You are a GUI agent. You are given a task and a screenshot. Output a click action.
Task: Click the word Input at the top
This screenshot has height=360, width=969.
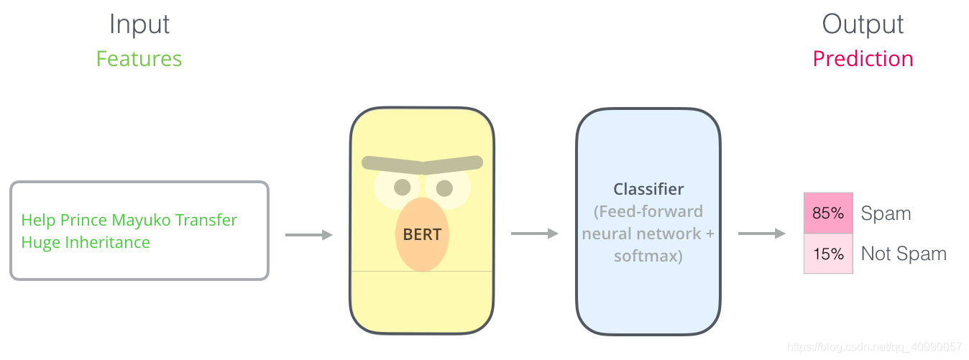(x=139, y=24)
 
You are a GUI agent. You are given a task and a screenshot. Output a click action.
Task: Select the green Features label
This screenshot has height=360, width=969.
(x=139, y=58)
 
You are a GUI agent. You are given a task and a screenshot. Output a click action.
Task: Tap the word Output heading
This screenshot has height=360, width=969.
(x=863, y=24)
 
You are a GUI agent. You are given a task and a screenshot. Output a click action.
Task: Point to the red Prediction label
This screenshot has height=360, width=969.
(x=863, y=58)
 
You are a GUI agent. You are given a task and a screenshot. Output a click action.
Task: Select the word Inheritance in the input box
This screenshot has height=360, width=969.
(x=107, y=242)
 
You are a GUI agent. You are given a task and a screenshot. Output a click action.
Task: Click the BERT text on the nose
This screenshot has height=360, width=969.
(x=422, y=234)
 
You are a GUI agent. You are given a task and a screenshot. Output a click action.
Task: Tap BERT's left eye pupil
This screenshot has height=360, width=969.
(x=403, y=188)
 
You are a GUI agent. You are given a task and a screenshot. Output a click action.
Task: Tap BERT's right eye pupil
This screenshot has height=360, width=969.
(x=444, y=188)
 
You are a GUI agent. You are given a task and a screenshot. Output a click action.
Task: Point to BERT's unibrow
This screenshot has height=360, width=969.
(x=422, y=164)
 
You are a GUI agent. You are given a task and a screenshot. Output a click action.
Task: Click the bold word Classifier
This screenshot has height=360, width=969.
(x=648, y=189)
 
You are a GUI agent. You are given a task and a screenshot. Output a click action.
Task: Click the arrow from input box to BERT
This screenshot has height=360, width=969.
(x=309, y=235)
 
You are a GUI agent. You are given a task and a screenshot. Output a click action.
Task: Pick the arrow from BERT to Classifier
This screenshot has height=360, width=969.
(x=535, y=234)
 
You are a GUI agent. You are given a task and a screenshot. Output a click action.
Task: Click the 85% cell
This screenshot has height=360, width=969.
(x=828, y=213)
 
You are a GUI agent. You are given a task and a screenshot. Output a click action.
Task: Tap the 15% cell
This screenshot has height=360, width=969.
(x=828, y=254)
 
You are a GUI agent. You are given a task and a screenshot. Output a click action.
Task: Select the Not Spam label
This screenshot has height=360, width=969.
(x=904, y=254)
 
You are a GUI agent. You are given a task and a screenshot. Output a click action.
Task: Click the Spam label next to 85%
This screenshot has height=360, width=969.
(x=886, y=213)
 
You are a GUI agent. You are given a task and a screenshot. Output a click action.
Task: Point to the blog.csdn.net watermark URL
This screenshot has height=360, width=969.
(x=875, y=346)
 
